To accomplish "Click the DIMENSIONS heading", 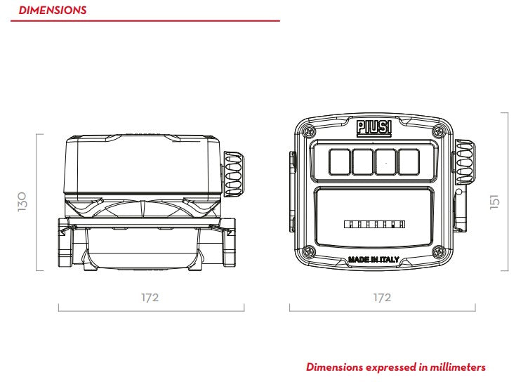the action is click(x=53, y=10).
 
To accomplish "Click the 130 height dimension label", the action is click(x=22, y=202).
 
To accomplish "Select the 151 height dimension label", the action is click(x=494, y=202).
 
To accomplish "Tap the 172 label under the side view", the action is click(x=150, y=298).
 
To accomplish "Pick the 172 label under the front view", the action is click(x=382, y=298).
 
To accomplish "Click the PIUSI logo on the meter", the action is click(x=374, y=128).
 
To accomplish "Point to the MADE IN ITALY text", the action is click(x=373, y=260).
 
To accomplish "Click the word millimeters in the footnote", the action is click(x=458, y=367).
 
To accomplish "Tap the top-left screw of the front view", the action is click(x=310, y=131).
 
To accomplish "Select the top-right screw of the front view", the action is click(x=438, y=131).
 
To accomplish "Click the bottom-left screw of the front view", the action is click(x=310, y=252).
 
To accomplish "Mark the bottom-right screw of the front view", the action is click(x=438, y=252).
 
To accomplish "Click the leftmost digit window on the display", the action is click(x=340, y=162).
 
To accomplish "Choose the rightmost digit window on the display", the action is click(x=409, y=162).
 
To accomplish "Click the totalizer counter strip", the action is click(x=374, y=225).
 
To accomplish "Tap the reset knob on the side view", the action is click(x=234, y=174).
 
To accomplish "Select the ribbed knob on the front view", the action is click(x=464, y=162).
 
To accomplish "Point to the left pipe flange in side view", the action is click(x=65, y=242).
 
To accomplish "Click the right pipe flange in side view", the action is click(x=229, y=242).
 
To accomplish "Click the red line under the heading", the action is click(x=145, y=21).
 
